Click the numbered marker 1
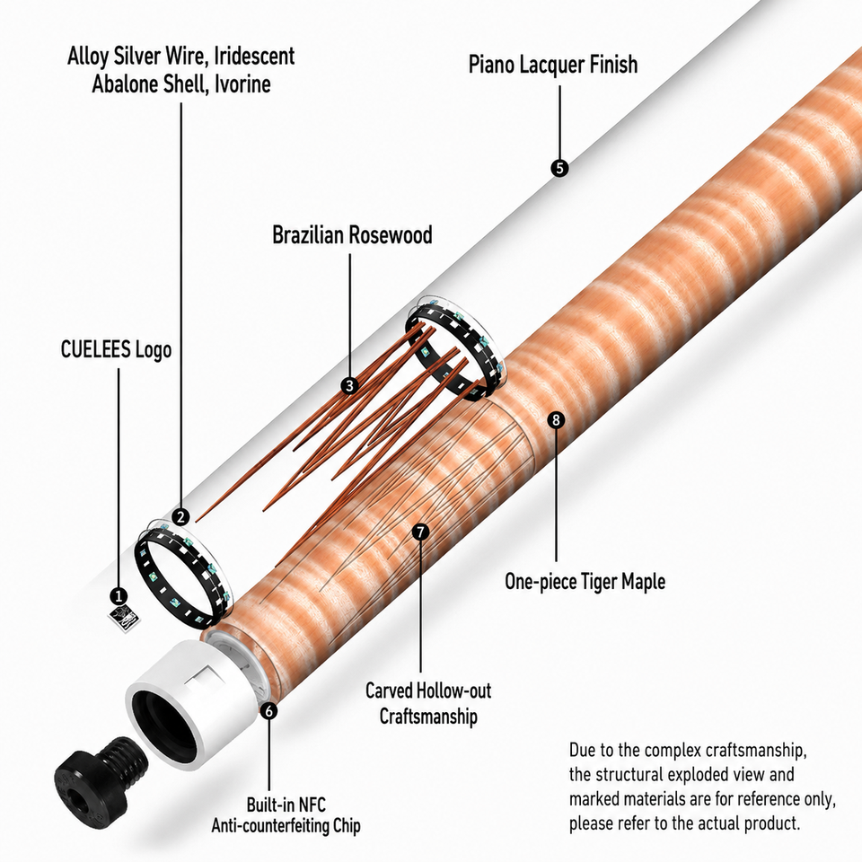tap(119, 596)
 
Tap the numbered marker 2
tap(180, 517)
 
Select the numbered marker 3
tap(349, 385)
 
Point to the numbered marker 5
tap(559, 168)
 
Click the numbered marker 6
tap(268, 711)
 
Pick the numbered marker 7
tap(420, 532)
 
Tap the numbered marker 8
tap(557, 420)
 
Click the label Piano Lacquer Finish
tap(553, 65)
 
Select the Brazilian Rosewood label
tap(352, 235)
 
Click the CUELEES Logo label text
tap(116, 349)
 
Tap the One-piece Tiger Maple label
tap(585, 582)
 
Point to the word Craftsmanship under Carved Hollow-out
tap(428, 717)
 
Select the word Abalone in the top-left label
tap(127, 84)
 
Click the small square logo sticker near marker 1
tap(124, 620)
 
